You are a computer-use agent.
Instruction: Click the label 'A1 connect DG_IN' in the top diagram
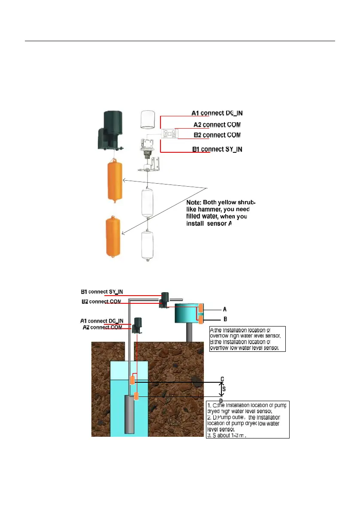click(217, 113)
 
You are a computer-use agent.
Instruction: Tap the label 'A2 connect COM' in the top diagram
click(217, 125)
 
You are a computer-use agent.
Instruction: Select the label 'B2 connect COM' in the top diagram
click(217, 135)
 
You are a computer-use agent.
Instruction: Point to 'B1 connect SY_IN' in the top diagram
click(217, 149)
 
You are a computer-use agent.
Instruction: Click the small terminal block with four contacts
click(169, 134)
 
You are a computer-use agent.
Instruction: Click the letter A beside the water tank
click(225, 309)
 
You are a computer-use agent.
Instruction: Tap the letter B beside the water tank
click(225, 319)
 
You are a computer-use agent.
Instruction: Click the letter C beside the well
click(222, 379)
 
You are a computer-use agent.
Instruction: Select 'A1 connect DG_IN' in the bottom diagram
click(102, 321)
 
